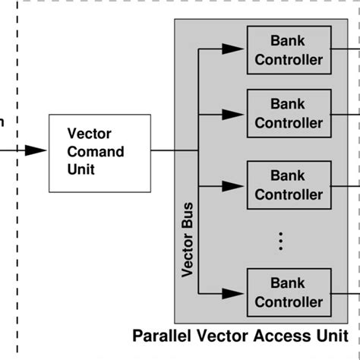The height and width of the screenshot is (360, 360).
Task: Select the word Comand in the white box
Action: pyautogui.click(x=96, y=151)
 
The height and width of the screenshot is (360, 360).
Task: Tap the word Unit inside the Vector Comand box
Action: pyautogui.click(x=81, y=169)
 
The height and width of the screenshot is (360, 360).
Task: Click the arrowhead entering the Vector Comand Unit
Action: pyautogui.click(x=35, y=151)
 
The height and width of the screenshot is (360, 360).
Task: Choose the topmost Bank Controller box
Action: pyautogui.click(x=289, y=51)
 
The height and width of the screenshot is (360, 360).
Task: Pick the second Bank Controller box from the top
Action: pyautogui.click(x=289, y=114)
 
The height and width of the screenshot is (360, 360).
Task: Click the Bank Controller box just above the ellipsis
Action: pyautogui.click(x=289, y=185)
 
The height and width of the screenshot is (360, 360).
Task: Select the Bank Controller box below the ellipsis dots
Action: pyautogui.click(x=289, y=292)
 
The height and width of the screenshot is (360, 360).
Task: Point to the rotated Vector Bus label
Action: pyautogui.click(x=188, y=239)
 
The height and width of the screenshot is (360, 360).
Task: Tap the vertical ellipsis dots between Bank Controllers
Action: pyautogui.click(x=280, y=241)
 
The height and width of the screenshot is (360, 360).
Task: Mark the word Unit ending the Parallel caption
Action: pyautogui.click(x=325, y=335)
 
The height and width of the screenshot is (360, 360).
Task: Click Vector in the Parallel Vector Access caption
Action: pyautogui.click(x=216, y=335)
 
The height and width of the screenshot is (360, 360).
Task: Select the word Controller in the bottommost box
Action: pyautogui.click(x=289, y=302)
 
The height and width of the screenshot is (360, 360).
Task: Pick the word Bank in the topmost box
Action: pyautogui.click(x=289, y=42)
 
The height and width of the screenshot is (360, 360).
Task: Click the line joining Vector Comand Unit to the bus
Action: pyautogui.click(x=173, y=151)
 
